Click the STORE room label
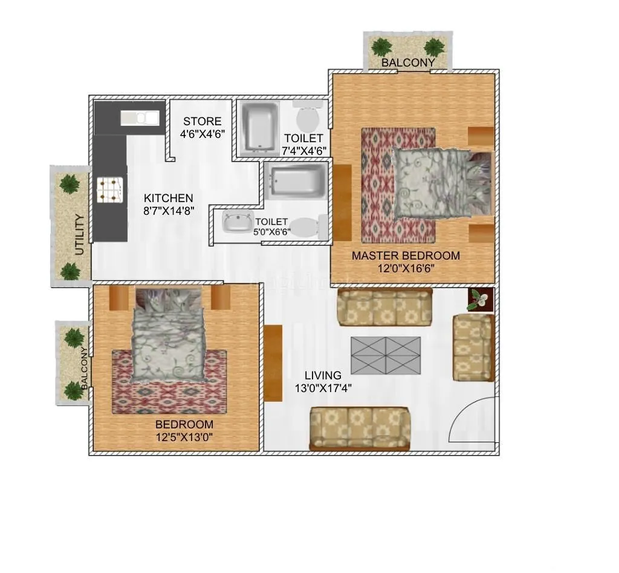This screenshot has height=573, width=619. (x=202, y=121)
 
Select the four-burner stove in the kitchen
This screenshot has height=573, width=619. (x=110, y=189)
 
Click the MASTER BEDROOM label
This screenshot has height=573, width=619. (x=406, y=255)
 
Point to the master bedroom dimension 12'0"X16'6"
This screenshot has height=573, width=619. (x=406, y=269)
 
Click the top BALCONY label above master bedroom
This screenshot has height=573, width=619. (x=407, y=62)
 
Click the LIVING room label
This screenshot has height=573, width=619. (x=323, y=375)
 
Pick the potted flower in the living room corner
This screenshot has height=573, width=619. (x=481, y=299)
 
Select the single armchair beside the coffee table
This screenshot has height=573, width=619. (x=473, y=348)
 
